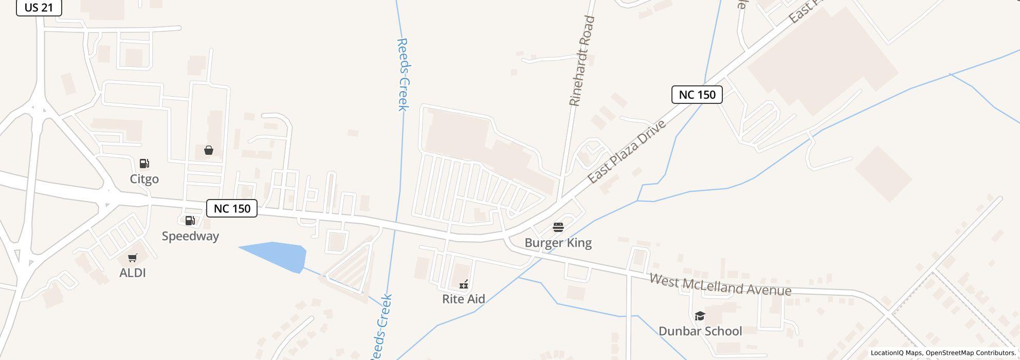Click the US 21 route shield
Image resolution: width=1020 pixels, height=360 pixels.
39,8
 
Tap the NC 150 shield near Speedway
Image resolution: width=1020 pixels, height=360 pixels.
232,208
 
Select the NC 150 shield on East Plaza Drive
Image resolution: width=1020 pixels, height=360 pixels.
697,95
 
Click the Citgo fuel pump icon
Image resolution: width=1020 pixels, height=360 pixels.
144,164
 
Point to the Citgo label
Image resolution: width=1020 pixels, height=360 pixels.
144,179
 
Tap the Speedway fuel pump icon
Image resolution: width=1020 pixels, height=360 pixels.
190,221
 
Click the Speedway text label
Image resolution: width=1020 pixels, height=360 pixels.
190,236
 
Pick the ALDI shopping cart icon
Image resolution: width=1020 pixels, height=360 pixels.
133,258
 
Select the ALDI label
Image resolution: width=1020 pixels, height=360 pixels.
133,273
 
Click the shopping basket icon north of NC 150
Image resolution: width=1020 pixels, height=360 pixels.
209,150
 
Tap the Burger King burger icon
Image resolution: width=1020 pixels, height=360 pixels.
558,227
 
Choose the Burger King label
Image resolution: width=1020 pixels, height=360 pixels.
558,243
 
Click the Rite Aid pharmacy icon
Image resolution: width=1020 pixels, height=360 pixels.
464,284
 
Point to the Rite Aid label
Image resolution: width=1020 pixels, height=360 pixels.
464,299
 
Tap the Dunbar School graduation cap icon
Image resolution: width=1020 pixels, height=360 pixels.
700,316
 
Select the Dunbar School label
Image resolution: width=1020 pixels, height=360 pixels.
700,331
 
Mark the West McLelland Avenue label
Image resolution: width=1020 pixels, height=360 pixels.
720,285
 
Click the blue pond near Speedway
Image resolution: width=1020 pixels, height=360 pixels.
278,256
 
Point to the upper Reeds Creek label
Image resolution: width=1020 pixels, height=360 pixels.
403,75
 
